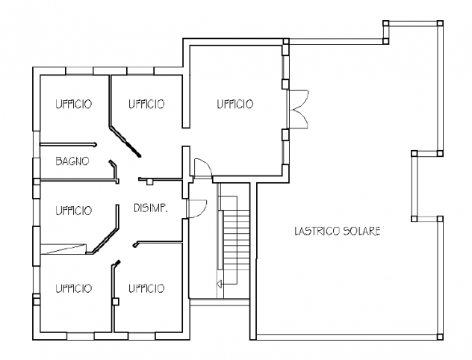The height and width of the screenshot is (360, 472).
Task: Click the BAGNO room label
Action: tap(72, 161)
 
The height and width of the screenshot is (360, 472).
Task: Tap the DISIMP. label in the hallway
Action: tap(151, 208)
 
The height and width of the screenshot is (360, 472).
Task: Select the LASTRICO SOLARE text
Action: tap(338, 232)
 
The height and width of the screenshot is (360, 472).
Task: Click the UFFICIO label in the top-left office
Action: tap(73, 104)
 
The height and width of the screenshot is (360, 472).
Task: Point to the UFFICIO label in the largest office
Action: tap(235, 104)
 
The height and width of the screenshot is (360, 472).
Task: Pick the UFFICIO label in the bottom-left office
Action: tap(73, 288)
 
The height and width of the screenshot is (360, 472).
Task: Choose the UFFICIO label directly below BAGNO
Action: tap(73, 211)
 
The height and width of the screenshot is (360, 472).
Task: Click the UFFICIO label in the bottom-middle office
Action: tap(146, 288)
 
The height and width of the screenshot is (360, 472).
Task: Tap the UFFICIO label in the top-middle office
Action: tap(146, 104)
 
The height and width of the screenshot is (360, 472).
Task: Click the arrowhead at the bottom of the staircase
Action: tap(220, 284)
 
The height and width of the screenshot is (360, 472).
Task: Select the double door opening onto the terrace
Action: tap(298, 108)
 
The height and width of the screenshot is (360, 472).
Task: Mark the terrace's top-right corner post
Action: tap(440, 23)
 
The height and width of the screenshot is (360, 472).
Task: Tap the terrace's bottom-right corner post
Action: tap(440, 337)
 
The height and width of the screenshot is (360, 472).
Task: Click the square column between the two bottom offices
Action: tap(115, 301)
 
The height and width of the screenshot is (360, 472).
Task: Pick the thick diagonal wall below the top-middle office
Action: tap(125, 141)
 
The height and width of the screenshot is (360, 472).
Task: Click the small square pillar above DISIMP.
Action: tap(149, 181)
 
